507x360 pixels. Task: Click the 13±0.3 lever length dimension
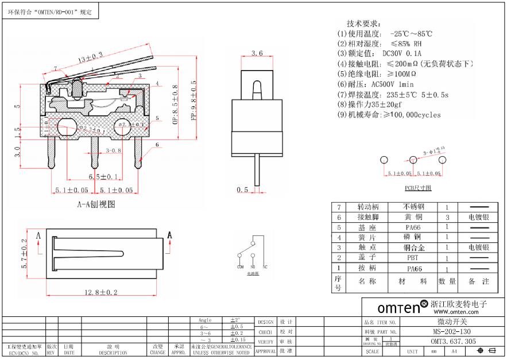(x=90, y=57)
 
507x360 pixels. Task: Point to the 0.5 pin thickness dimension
(x=242, y=189)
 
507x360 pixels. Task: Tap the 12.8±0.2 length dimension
(x=101, y=292)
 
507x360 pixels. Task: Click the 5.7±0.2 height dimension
(x=25, y=254)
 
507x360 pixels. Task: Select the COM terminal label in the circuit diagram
(x=240, y=268)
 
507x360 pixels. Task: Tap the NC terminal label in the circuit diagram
(x=265, y=268)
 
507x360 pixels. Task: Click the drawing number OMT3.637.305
(x=453, y=341)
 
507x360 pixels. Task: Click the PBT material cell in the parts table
(x=413, y=258)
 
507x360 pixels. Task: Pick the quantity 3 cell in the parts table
(x=447, y=218)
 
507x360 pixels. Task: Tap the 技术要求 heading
(x=363, y=24)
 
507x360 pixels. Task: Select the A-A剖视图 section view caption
(x=96, y=204)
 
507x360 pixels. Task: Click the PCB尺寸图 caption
(x=418, y=188)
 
